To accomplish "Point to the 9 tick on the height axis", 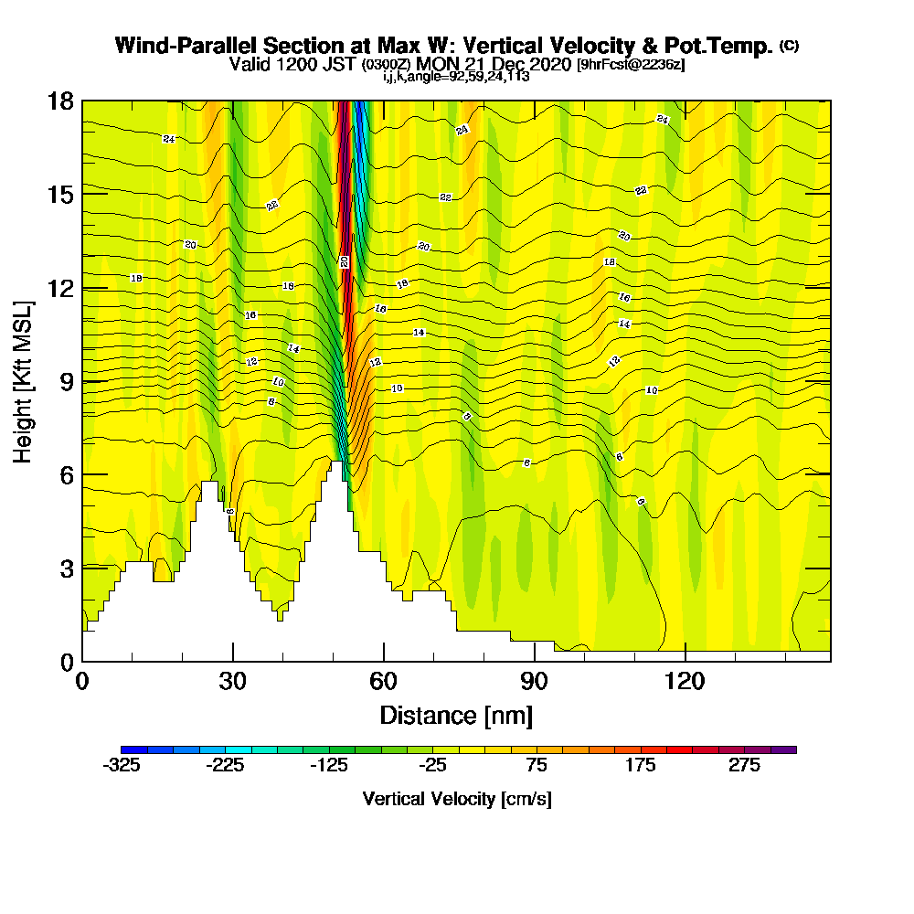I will (82, 380).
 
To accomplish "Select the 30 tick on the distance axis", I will (233, 660).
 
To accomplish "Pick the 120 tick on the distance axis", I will (685, 660).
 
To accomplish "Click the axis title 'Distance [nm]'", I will (456, 715).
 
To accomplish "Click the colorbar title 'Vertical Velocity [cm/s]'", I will (457, 799).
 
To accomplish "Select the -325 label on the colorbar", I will (122, 766).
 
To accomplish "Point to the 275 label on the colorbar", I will (744, 766).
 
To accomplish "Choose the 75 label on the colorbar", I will (537, 766).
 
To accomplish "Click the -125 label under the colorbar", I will (329, 766).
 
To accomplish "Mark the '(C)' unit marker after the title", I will (789, 45).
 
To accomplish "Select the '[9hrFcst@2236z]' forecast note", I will (631, 64).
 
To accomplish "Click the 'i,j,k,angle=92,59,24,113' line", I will (456, 77).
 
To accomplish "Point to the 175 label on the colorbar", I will (641, 766).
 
